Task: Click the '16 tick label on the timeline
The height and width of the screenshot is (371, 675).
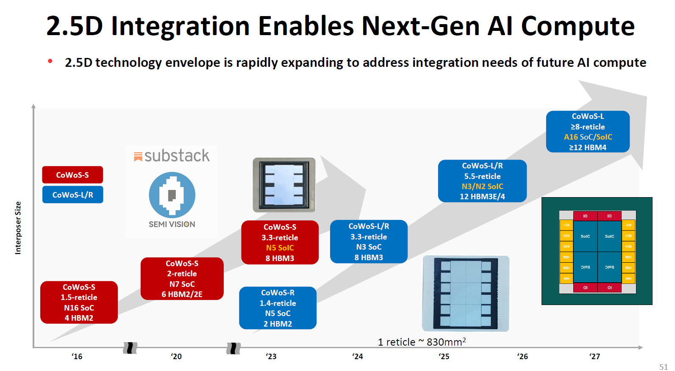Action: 77,356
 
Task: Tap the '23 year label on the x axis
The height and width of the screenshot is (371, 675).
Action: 271,356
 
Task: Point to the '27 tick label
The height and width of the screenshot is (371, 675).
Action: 595,356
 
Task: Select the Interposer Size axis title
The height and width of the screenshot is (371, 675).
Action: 18,228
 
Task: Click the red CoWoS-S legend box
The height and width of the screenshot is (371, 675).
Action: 72,175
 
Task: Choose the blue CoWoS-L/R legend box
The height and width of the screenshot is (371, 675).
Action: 72,195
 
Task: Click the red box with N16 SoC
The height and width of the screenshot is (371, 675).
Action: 79,302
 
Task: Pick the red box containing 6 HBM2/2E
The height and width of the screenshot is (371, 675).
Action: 182,279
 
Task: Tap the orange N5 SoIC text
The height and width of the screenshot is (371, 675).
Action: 280,248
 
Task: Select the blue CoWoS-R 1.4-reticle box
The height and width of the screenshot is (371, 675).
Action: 278,308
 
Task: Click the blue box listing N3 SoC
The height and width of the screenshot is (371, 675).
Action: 369,242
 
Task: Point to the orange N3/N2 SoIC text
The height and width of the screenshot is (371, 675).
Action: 482,187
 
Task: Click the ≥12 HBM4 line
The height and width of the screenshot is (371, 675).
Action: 587,148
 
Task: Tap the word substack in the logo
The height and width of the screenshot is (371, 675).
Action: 177,156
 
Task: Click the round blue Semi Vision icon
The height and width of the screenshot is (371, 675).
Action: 172,195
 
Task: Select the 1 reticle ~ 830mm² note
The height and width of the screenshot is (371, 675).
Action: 422,342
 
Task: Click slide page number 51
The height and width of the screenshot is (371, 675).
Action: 663,367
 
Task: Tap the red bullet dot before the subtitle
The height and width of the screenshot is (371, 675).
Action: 50,61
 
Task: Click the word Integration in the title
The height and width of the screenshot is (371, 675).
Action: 180,26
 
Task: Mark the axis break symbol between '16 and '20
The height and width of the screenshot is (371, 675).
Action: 130,348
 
